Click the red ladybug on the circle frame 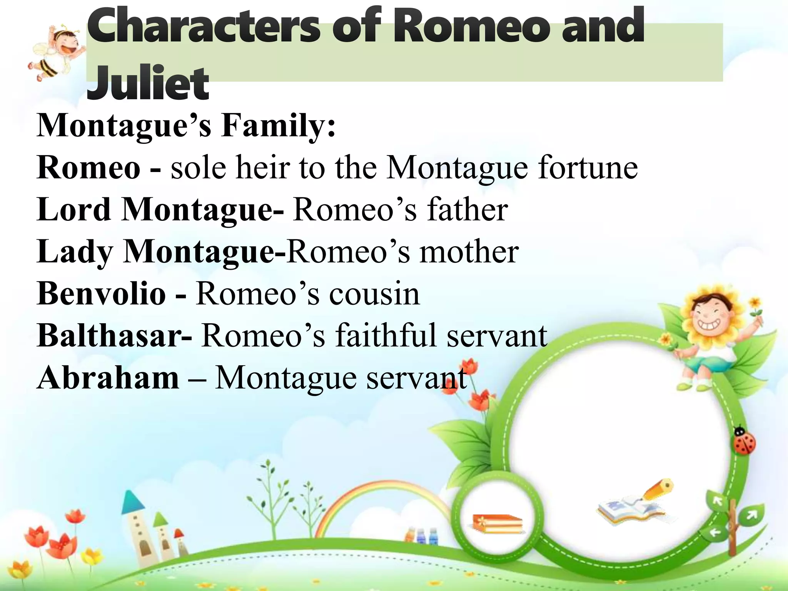click(745, 442)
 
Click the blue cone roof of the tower click(133, 502)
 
